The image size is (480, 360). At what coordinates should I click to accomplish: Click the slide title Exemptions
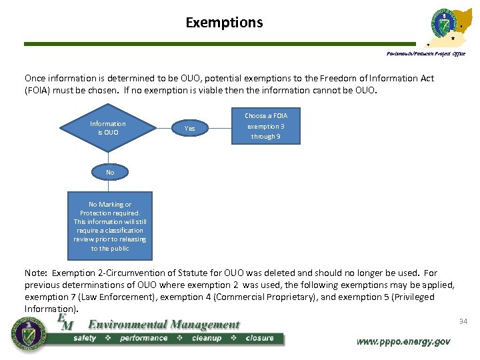click(224, 23)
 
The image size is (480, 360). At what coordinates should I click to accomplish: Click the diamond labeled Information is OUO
click(107, 128)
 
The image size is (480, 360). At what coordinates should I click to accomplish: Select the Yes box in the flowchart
click(190, 128)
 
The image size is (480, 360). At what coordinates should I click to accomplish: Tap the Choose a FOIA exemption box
click(266, 126)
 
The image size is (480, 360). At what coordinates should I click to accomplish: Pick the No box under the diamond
click(110, 172)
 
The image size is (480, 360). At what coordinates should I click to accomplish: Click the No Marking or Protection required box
click(110, 226)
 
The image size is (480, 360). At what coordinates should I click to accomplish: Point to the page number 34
click(463, 322)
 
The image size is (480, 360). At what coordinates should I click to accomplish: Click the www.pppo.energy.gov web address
click(403, 341)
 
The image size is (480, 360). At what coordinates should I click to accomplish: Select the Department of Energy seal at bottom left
click(28, 333)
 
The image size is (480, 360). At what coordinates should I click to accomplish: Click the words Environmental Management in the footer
click(164, 325)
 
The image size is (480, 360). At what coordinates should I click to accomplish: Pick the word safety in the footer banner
click(85, 338)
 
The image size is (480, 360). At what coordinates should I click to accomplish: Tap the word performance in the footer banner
click(143, 338)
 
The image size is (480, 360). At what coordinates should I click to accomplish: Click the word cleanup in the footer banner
click(206, 338)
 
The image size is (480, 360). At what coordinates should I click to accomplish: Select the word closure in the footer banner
click(259, 338)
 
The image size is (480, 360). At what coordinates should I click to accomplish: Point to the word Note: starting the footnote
click(36, 273)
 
